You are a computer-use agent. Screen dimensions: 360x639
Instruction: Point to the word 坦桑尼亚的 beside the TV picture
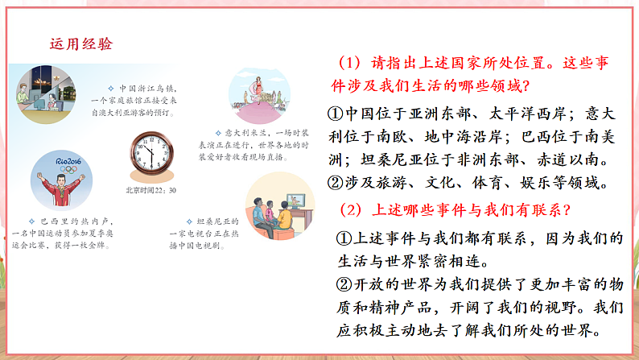216,219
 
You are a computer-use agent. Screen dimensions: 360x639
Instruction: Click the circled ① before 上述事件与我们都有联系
345,238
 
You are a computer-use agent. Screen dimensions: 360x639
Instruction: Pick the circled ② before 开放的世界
345,284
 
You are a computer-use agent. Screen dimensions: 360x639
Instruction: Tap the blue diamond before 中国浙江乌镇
110,88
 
